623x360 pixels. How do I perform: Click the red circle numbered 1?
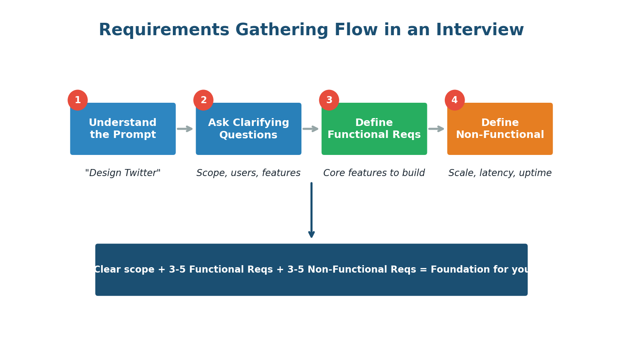(78, 100)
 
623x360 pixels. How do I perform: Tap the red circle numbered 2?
(203, 100)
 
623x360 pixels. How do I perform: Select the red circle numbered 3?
(329, 100)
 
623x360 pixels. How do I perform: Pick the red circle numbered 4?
(455, 100)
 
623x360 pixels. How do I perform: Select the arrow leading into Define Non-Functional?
(436, 129)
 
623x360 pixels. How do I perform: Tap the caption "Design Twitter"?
(123, 173)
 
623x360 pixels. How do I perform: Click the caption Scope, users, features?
(248, 173)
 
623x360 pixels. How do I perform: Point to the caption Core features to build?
(374, 173)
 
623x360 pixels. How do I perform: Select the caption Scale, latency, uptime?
(500, 173)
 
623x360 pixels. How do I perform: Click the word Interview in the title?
(480, 30)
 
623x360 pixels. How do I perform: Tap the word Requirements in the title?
(164, 30)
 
